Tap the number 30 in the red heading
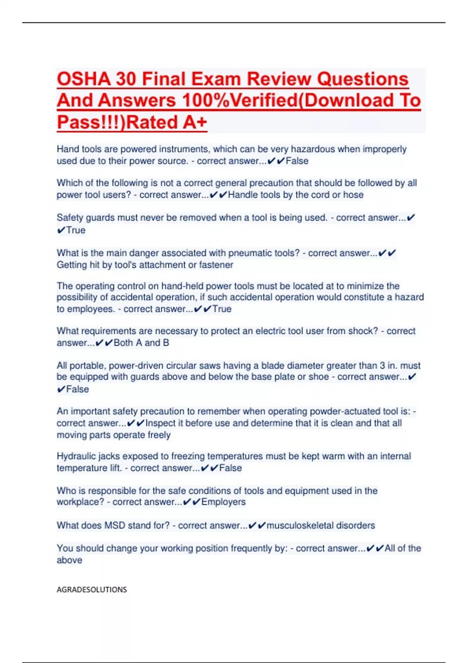click(x=126, y=79)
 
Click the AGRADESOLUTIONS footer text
click(x=92, y=589)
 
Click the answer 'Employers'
click(x=223, y=502)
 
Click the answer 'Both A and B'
click(x=141, y=343)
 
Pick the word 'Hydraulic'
click(x=76, y=456)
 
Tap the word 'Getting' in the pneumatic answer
click(x=72, y=265)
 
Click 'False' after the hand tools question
click(x=297, y=161)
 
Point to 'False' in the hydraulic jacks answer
click(x=230, y=468)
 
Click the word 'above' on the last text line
click(x=69, y=560)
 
